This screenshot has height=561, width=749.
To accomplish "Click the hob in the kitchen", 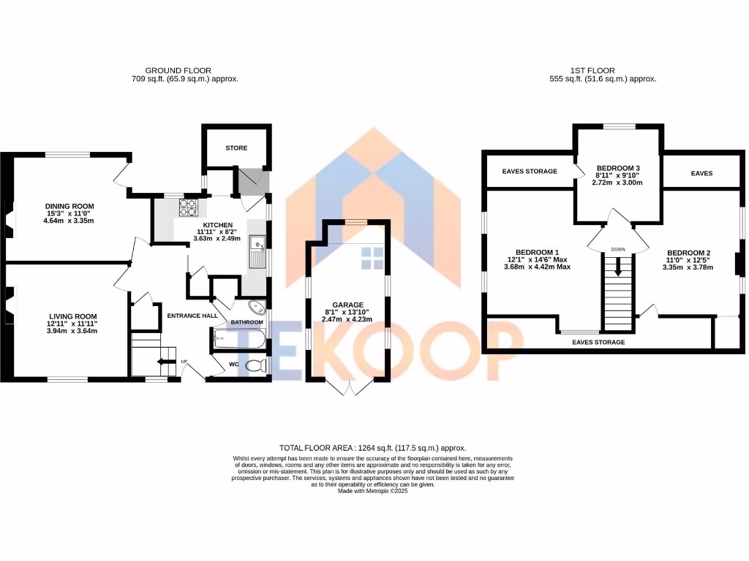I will pos(188,207).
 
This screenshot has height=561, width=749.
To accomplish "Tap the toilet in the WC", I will pos(255,366).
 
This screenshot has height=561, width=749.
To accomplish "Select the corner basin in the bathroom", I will pos(257,308).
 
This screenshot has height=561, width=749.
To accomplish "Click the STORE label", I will pos(236,148).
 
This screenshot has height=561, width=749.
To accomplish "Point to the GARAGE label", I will pos(348,305).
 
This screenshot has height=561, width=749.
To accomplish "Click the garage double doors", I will pos(348,387).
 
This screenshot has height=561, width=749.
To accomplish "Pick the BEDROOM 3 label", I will pos(618,167).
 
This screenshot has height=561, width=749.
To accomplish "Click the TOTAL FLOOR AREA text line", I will pos(373,448).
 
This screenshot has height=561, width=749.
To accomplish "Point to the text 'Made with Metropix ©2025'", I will pos(373,492).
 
